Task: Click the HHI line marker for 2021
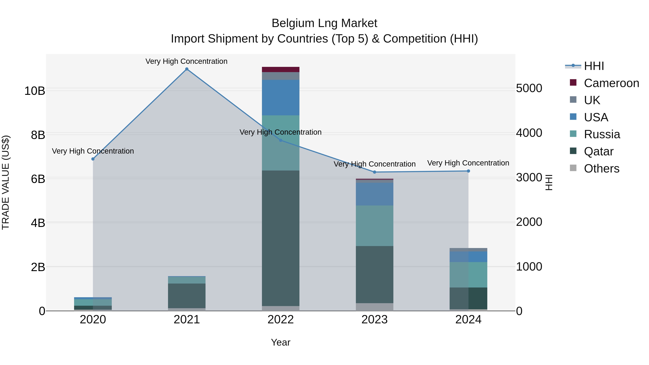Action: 187,69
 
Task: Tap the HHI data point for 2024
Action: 468,171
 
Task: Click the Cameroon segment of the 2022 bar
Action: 281,70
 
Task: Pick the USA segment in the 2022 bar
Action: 281,98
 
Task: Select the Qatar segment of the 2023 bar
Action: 374,275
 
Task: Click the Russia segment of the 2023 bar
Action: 374,226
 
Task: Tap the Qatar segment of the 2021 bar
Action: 187,296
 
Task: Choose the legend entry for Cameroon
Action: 611,83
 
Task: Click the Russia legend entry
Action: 602,134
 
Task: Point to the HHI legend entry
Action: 594,66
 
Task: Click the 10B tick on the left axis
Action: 35,91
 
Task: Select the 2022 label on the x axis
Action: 281,320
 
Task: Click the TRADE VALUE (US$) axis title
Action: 6,182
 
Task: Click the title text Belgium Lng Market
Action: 324,23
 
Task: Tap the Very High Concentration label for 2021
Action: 186,61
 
